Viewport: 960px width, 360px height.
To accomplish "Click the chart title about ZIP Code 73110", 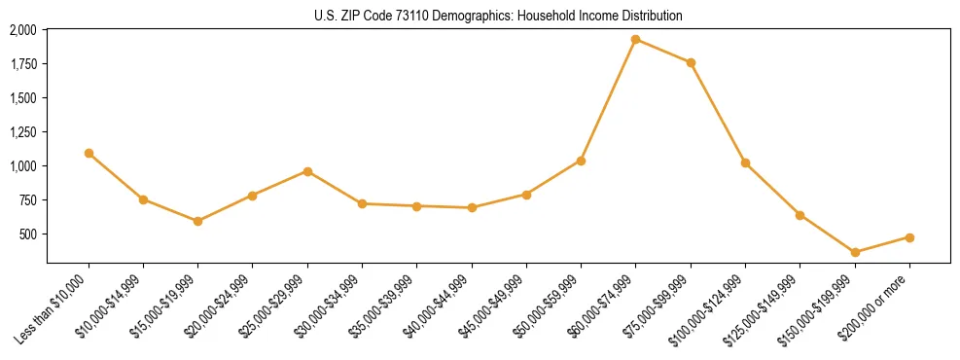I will [499, 16].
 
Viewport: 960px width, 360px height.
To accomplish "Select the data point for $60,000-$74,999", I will [635, 40].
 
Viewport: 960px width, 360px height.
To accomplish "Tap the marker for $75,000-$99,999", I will [691, 63].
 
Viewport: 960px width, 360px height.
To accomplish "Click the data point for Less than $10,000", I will [89, 153].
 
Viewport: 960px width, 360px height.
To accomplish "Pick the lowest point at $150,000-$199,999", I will [855, 253].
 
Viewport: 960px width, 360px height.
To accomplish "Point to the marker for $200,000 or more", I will [909, 237].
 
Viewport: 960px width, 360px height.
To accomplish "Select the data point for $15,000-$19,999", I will [198, 221].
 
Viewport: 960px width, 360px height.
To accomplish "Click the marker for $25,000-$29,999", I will [307, 171].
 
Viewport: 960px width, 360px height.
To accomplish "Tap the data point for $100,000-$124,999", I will [745, 163].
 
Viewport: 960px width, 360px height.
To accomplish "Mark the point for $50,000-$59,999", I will [581, 161].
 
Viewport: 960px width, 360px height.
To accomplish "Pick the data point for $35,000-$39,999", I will [416, 206].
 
